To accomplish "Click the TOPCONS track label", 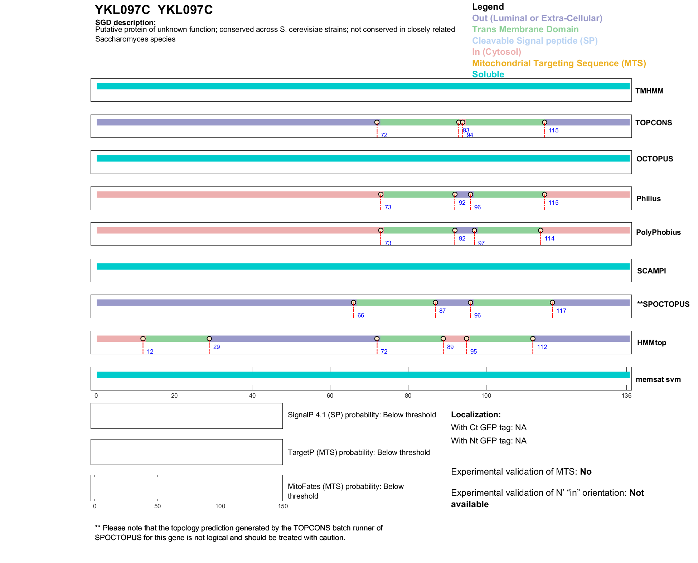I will tap(653, 123).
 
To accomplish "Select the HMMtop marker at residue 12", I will tap(143, 339).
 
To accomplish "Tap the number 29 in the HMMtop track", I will tap(216, 347).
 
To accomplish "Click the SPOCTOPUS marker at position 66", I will tap(353, 303).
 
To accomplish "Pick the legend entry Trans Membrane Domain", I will tap(525, 29).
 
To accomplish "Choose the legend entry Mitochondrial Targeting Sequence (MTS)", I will tap(559, 63).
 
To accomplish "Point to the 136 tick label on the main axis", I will tap(626, 395).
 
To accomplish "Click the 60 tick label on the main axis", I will tap(330, 395).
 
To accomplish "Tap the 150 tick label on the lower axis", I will tap(283, 506).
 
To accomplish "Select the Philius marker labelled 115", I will tap(544, 195).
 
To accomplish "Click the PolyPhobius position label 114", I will tap(549, 238).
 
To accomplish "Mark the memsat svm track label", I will tap(658, 379).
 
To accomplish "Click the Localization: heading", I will tap(476, 414).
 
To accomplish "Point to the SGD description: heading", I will tap(125, 22).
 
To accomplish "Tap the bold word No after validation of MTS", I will tap(586, 472).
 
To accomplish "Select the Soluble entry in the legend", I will tap(488, 74).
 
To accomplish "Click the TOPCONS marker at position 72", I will tap(377, 122).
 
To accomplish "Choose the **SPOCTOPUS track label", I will tap(663, 304).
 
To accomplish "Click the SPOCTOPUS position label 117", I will tap(561, 311).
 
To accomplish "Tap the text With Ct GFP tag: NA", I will tap(489, 427).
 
